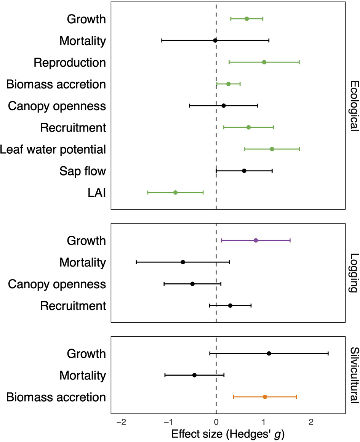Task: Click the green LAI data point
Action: click(x=175, y=193)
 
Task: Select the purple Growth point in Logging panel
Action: click(x=256, y=240)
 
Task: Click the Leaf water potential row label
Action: click(x=53, y=149)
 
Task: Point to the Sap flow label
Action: click(x=82, y=171)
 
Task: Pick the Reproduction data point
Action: click(x=264, y=62)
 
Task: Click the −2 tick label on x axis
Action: click(x=121, y=422)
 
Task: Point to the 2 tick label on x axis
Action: click(x=311, y=422)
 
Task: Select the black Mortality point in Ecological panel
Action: click(x=215, y=40)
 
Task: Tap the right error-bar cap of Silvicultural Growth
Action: click(x=328, y=354)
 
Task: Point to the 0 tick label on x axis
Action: click(x=216, y=422)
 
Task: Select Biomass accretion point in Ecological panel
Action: click(x=228, y=84)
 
